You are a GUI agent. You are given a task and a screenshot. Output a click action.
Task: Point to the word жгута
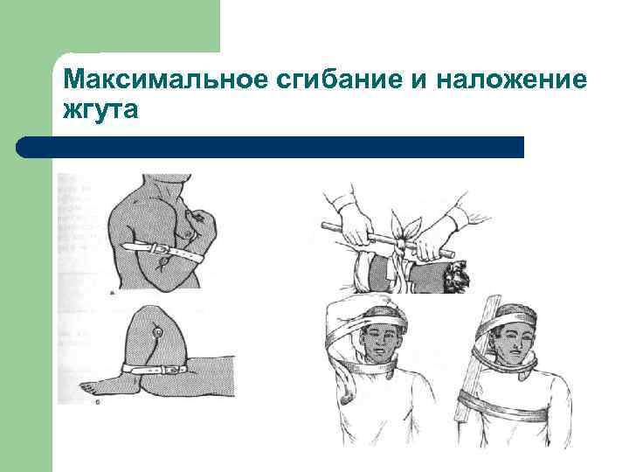click(x=101, y=112)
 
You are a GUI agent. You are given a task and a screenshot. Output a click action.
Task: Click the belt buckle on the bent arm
click(x=162, y=250)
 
